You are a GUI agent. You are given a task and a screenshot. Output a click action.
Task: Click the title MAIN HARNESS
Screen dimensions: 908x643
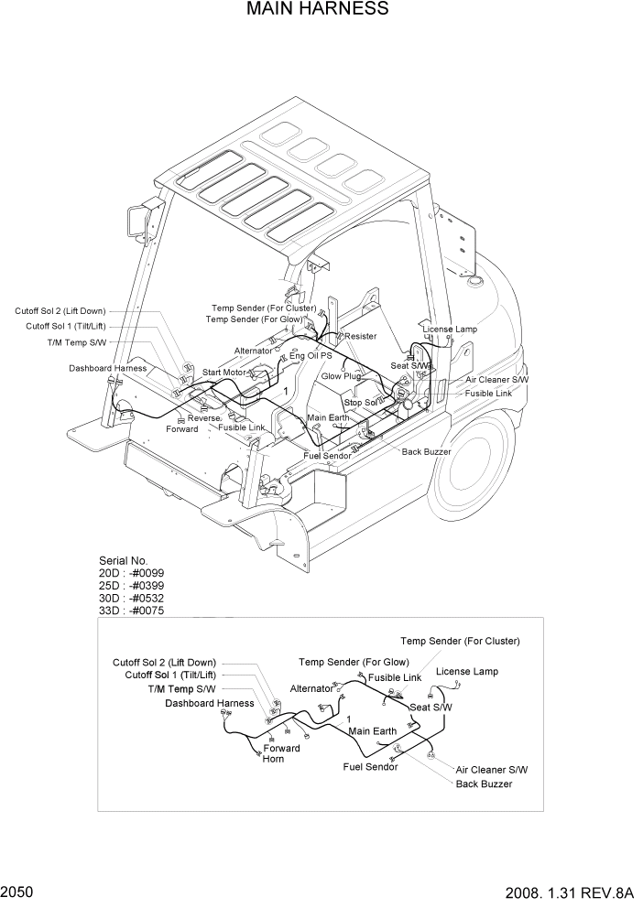point(317,10)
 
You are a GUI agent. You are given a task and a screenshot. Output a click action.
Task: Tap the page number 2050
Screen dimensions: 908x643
point(19,892)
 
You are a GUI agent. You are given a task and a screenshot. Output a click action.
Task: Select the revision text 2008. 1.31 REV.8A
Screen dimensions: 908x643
point(568,892)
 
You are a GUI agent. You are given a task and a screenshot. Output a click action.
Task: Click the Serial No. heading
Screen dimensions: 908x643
point(123,561)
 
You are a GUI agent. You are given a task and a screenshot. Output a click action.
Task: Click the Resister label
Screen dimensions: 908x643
point(360,337)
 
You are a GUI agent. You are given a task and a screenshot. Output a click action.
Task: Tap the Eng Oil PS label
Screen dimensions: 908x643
point(311,355)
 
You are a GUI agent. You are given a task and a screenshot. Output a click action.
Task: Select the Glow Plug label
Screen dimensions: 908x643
point(341,376)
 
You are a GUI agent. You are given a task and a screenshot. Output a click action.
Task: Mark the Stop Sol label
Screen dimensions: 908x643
point(361,403)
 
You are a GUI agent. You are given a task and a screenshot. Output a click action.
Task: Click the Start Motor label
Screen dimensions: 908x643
point(224,373)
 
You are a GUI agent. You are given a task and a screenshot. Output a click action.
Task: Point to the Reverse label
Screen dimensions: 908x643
point(204,418)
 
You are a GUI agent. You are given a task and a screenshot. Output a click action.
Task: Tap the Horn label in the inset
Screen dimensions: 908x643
point(273,760)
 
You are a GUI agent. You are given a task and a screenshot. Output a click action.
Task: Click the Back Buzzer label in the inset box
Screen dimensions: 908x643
point(484,784)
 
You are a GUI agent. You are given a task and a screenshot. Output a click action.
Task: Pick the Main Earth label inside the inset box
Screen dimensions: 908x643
point(372,731)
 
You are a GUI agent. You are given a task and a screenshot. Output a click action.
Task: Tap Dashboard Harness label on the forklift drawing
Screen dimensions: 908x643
point(107,369)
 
